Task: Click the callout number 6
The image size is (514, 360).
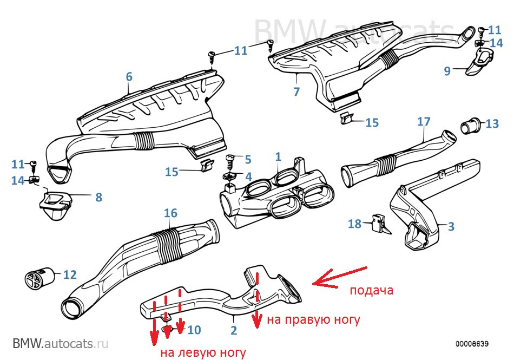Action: (x=129, y=77)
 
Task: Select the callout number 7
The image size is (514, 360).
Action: (x=296, y=91)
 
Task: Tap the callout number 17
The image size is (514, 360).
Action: (x=423, y=122)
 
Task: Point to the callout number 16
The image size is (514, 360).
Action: (x=170, y=213)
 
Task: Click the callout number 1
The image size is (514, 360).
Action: (x=278, y=157)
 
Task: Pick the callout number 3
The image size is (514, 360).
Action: (x=451, y=226)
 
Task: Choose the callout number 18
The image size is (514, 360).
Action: (x=354, y=224)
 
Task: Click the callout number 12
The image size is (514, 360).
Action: (x=70, y=274)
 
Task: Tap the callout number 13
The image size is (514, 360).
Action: (x=492, y=124)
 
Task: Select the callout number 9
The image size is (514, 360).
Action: (x=447, y=71)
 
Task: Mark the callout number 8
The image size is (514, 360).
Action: (x=98, y=198)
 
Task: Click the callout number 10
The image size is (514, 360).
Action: (x=194, y=329)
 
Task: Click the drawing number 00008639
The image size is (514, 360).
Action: (x=472, y=344)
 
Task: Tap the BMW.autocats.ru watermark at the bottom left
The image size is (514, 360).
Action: (x=61, y=343)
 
